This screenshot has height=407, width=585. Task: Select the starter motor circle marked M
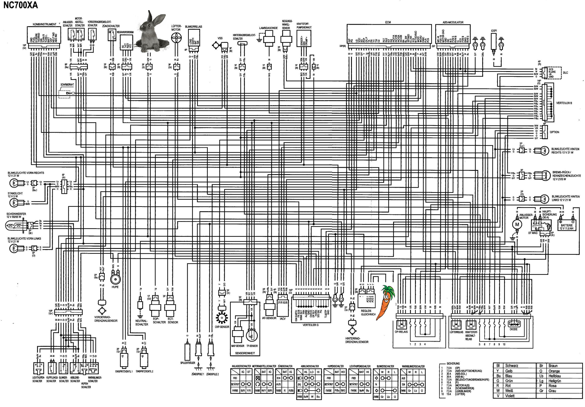coord(517,224)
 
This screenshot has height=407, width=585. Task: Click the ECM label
coord(388,22)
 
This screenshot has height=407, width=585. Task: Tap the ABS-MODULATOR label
coord(453,22)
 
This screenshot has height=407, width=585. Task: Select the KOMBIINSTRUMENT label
coord(44,24)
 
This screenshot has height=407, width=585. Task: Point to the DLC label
coord(565,73)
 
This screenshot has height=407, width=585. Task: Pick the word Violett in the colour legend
coord(510,396)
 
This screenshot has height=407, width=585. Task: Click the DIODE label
coord(514,329)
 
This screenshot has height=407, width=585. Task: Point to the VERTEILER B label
coord(564,103)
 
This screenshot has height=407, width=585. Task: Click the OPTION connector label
coord(554,132)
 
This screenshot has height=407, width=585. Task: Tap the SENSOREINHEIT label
coord(245,353)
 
